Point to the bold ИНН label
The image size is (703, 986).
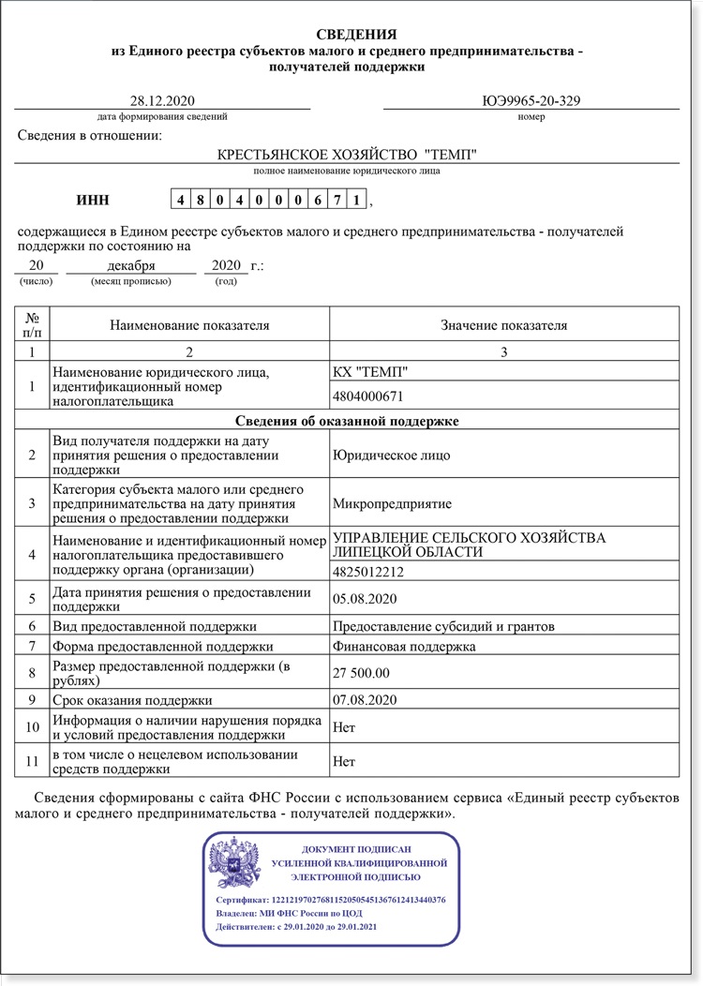(92, 200)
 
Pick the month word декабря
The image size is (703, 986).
(131, 266)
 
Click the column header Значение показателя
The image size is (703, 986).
(504, 325)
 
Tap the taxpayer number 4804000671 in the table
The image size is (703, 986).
(375, 396)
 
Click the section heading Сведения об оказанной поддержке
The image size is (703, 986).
(347, 421)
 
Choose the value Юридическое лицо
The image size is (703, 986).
(392, 456)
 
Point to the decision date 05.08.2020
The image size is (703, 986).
(366, 597)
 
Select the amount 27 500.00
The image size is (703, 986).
(361, 673)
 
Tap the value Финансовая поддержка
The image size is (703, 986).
(404, 646)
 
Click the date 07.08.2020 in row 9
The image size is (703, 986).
(366, 700)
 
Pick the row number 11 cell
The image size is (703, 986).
(33, 761)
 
